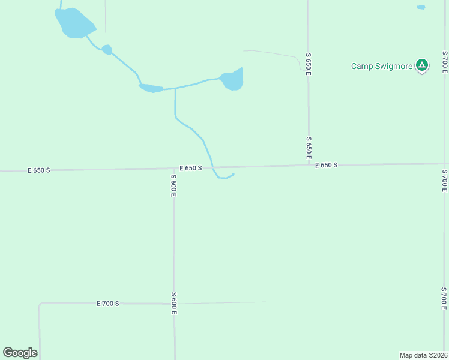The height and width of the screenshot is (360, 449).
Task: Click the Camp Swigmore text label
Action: [x=381, y=66]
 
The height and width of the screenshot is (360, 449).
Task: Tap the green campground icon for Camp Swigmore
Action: [x=422, y=65]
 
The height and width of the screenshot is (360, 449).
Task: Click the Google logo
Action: [x=20, y=353]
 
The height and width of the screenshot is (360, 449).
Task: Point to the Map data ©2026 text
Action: [x=423, y=355]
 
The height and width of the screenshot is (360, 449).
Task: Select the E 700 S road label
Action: [x=108, y=304]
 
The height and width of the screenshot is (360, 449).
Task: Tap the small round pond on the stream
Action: [x=107, y=49]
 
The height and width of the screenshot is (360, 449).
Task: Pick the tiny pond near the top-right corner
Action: [x=421, y=7]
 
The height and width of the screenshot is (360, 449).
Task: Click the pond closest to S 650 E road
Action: [x=233, y=80]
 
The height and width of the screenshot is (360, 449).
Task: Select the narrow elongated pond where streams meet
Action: [x=151, y=89]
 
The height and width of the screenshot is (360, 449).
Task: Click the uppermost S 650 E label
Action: [x=309, y=63]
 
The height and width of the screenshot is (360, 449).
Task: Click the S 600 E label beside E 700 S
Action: [x=173, y=304]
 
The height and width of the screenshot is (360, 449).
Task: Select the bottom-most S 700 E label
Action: [x=444, y=298]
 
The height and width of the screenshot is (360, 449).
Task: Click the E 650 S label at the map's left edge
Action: [x=39, y=170]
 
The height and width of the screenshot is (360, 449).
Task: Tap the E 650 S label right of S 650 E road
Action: [x=327, y=165]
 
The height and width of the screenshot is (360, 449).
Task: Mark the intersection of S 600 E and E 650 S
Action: [x=174, y=169]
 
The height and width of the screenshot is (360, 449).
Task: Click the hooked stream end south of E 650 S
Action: [x=232, y=175]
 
